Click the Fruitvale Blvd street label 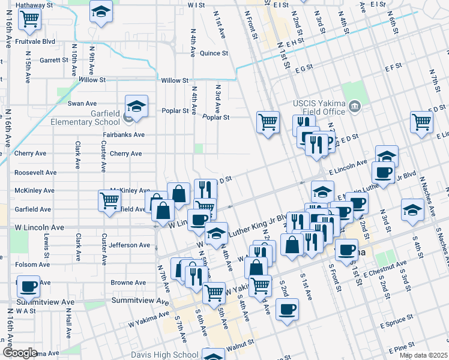point(36,42)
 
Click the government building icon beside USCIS point(354,107)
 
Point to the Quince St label point(214,53)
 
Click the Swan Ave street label point(82,104)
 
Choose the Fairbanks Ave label point(124,135)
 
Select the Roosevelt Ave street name point(35,172)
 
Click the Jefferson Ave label point(130,245)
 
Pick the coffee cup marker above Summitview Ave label point(28,286)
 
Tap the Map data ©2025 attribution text point(423,355)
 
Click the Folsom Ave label point(32,264)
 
